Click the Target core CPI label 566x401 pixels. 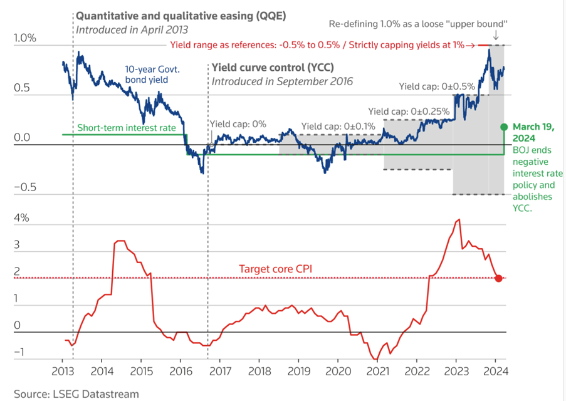(x=275, y=269)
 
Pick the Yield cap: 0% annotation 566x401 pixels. (x=238, y=124)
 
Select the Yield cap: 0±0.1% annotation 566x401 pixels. (x=338, y=126)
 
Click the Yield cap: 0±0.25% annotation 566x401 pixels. (x=409, y=110)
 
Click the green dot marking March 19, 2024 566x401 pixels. (x=503, y=127)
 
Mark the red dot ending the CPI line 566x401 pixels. (x=498, y=278)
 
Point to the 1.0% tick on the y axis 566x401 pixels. (x=25, y=38)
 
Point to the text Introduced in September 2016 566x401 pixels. (x=282, y=81)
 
